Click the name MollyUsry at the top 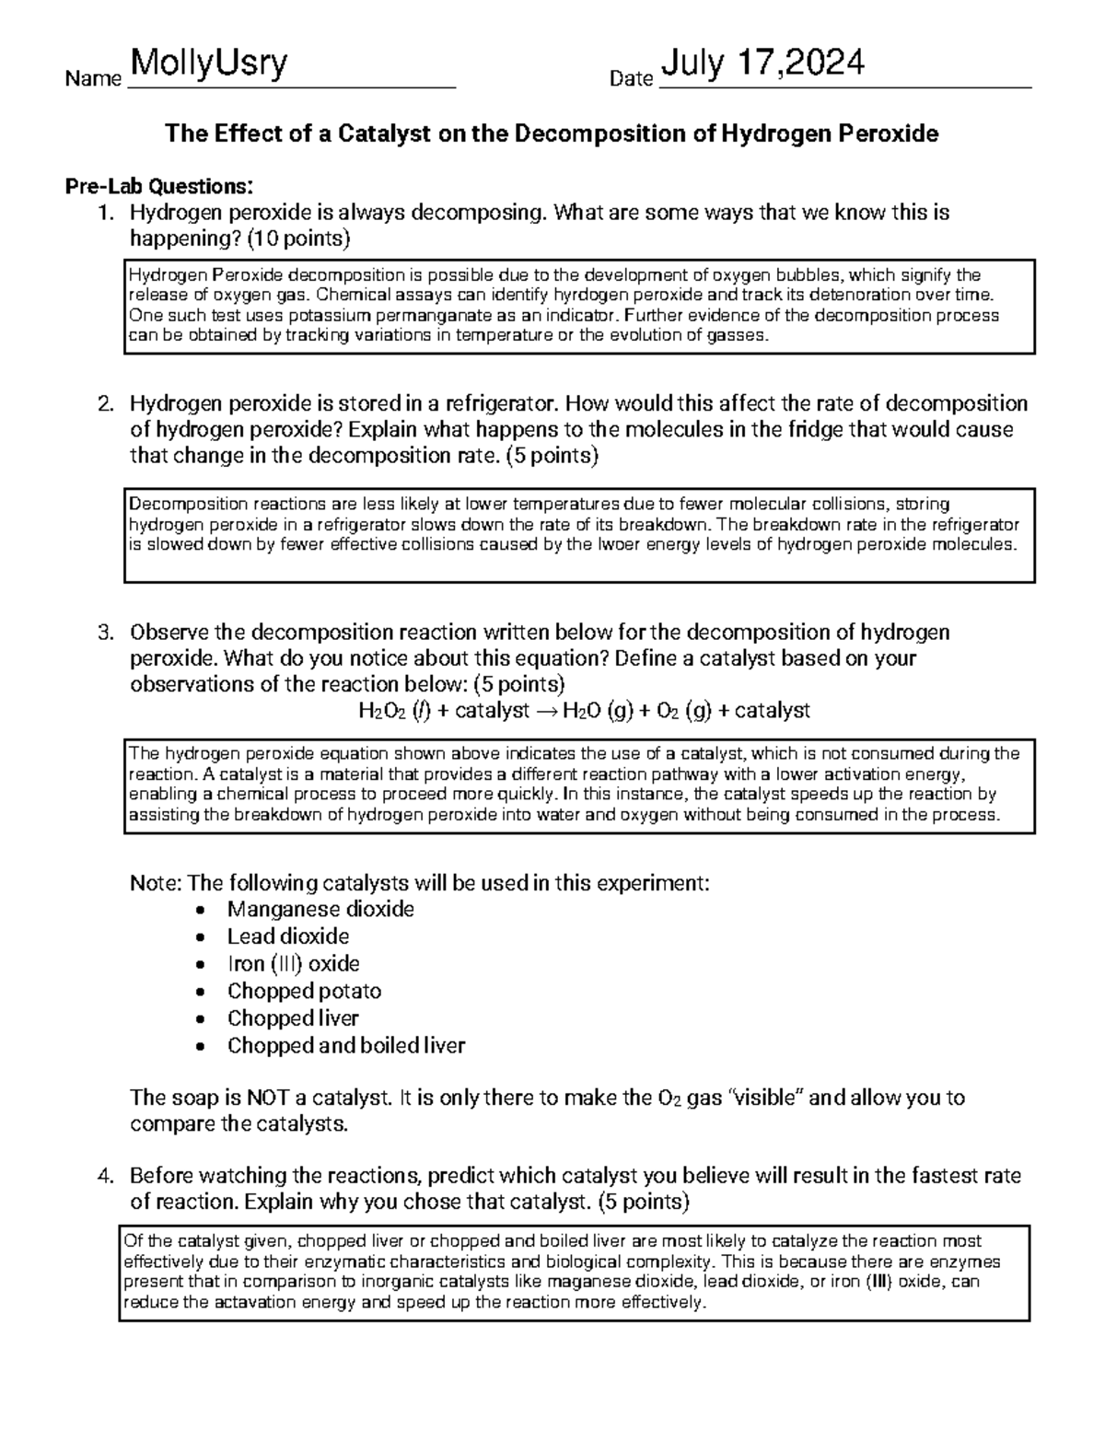[x=209, y=64]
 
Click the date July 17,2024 [x=762, y=64]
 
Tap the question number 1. [x=107, y=214]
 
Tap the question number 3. [x=107, y=633]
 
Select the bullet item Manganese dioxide [x=320, y=910]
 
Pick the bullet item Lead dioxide [x=288, y=936]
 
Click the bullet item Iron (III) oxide [x=293, y=964]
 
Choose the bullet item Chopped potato [x=304, y=992]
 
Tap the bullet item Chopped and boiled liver [x=346, y=1046]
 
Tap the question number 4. [x=107, y=1177]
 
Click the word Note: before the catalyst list [x=156, y=884]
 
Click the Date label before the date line [x=631, y=80]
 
